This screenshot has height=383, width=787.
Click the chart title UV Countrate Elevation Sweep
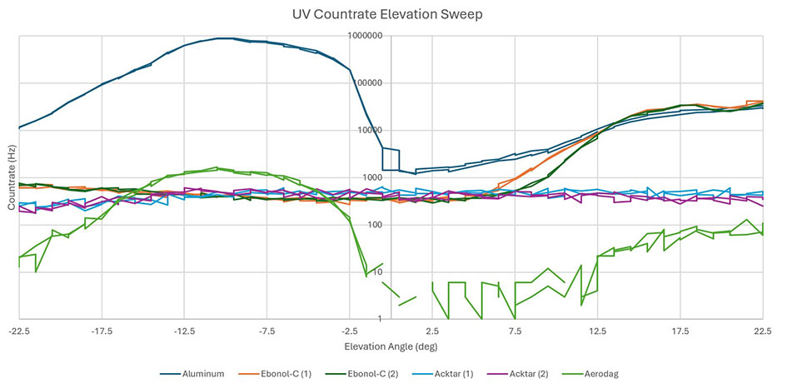[x=393, y=14]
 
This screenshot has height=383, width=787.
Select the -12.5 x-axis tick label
[x=184, y=331]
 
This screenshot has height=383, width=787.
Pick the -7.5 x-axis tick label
[x=266, y=331]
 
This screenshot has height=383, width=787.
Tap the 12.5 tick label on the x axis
[x=598, y=331]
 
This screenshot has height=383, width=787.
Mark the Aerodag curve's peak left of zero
[x=216, y=168]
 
